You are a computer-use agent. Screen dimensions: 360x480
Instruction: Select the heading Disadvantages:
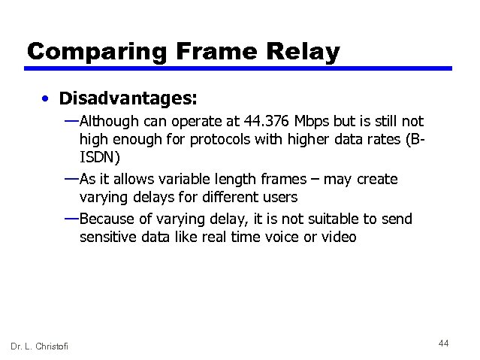click(128, 98)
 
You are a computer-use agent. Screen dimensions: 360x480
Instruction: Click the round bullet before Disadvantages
click(47, 99)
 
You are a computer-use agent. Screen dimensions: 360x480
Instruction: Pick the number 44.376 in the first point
click(268, 121)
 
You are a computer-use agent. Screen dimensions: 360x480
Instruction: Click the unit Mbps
click(314, 121)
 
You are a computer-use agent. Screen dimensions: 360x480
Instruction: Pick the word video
click(340, 238)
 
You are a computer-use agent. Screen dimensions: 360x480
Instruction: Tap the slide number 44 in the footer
click(443, 343)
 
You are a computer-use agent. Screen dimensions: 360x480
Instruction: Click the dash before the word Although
click(71, 120)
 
